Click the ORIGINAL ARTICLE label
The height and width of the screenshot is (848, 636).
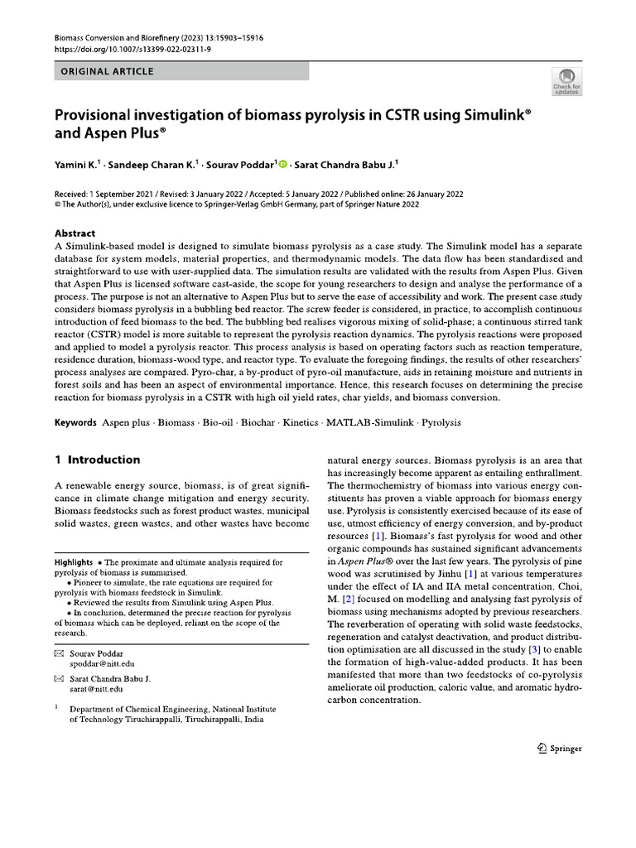tap(107, 71)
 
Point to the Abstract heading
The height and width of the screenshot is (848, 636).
tap(75, 234)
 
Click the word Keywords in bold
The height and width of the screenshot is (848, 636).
tap(76, 422)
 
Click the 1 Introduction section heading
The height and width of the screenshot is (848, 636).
tap(97, 460)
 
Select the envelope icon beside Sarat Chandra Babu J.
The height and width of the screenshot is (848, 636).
tap(59, 678)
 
